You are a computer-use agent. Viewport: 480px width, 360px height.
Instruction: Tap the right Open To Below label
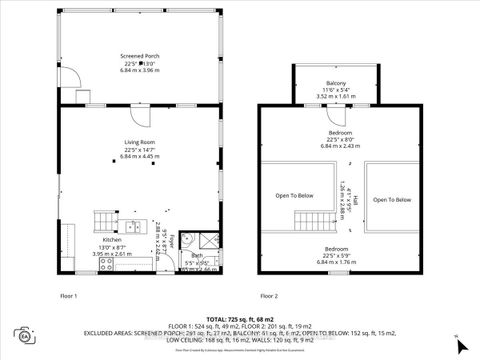tap(392, 199)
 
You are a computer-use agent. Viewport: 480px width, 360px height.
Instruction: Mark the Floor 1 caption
tap(70, 296)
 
